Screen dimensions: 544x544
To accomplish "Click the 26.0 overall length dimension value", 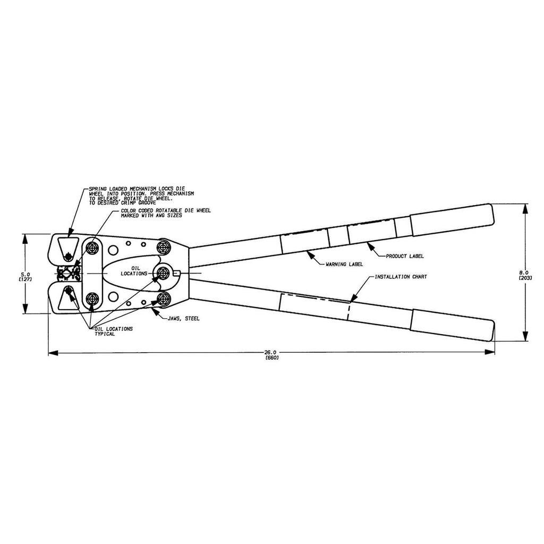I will pos(271,352).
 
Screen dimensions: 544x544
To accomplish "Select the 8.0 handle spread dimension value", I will pos(525,272).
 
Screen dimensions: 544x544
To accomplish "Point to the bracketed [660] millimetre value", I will pos(271,358).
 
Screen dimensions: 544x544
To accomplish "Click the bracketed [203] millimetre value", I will pos(525,278).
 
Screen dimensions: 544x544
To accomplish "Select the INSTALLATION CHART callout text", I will pos(401,277).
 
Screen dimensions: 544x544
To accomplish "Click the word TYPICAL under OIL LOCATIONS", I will pos(105,335).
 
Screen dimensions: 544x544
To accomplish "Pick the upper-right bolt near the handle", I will pos(163,247).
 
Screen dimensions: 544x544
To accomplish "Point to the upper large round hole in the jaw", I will pos(113,250).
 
